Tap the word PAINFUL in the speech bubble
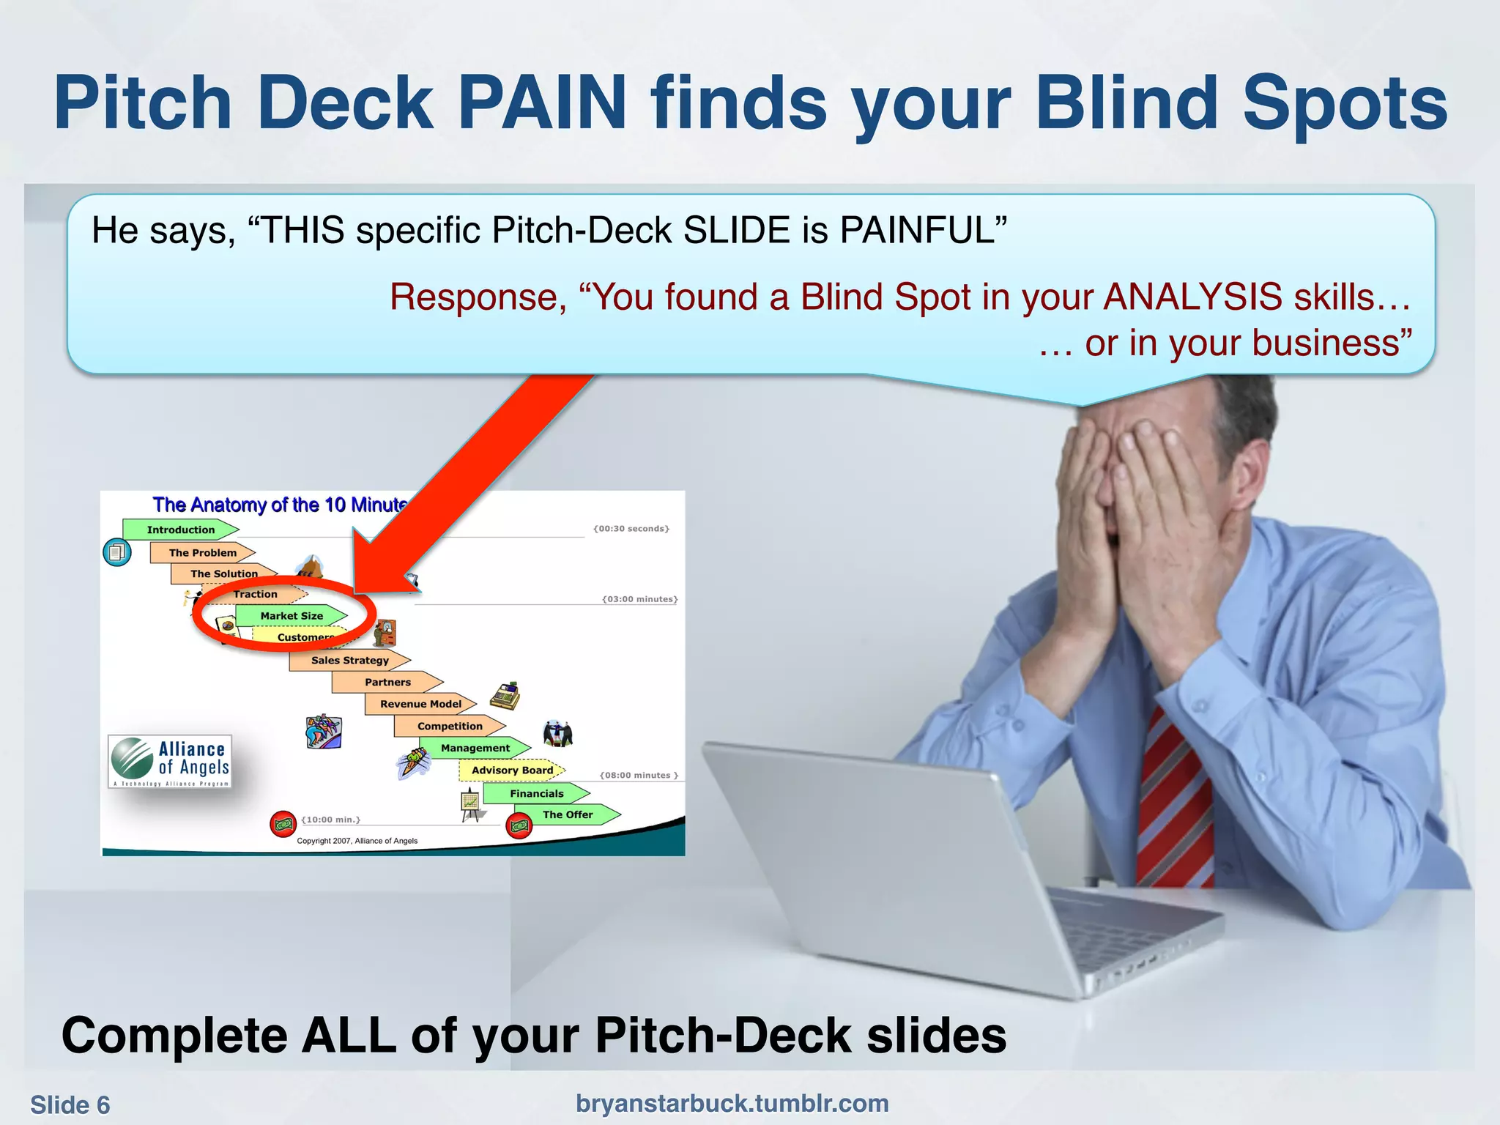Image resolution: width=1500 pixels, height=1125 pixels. [x=923, y=230]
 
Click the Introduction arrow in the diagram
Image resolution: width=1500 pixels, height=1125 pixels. [x=180, y=530]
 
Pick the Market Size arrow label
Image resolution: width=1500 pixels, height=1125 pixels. [x=292, y=616]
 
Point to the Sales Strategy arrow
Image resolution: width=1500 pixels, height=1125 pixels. [x=349, y=660]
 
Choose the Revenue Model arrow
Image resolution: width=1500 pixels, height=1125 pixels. [x=420, y=704]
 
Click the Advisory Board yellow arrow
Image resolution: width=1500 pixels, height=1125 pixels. [x=512, y=770]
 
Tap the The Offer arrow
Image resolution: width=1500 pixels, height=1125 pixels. [x=568, y=814]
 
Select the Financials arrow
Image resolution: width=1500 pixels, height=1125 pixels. [x=537, y=793]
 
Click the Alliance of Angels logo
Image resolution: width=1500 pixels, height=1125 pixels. [x=171, y=761]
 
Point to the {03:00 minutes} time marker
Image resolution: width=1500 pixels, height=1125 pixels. [x=639, y=599]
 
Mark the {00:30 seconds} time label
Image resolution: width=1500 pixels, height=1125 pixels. [x=631, y=528]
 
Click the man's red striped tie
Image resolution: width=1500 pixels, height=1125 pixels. [x=1172, y=798]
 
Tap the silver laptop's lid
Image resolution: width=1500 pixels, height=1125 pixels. [x=879, y=864]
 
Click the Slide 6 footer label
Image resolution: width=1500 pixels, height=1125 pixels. [x=70, y=1104]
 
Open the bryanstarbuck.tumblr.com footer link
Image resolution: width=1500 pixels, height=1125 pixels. [x=732, y=1103]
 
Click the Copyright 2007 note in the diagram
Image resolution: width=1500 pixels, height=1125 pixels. [x=357, y=841]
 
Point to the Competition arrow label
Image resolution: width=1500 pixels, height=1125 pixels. [x=450, y=726]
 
